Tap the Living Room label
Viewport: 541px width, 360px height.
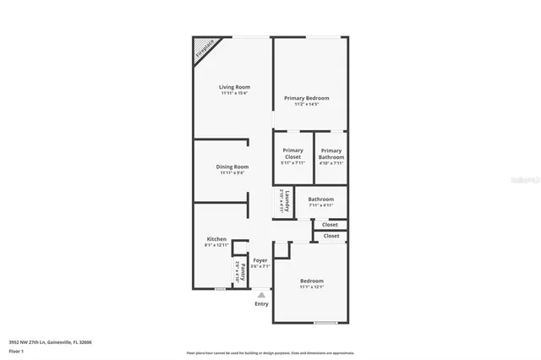click(234, 87)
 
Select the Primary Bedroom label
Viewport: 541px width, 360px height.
click(306, 98)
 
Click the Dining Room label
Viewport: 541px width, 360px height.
click(232, 166)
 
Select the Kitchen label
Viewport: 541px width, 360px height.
click(216, 239)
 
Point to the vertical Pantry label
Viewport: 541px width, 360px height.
click(242, 271)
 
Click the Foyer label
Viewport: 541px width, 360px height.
click(261, 259)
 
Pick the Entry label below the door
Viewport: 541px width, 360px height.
click(261, 304)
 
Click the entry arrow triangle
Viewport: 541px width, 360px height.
click(261, 295)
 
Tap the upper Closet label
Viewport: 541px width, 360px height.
click(330, 224)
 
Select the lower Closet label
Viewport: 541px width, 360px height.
click(331, 236)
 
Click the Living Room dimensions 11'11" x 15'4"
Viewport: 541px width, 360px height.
click(234, 93)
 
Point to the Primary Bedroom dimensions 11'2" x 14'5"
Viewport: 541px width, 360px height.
click(306, 104)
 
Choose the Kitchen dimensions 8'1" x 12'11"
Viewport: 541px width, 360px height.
click(216, 245)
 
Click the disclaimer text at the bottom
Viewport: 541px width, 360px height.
click(270, 352)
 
